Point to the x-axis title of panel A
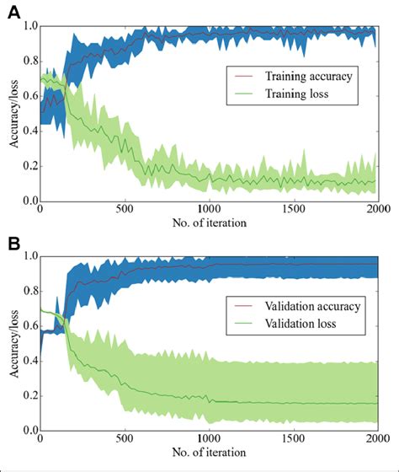[x=208, y=223]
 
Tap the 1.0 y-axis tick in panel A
[x=29, y=26]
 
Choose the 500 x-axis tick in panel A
[x=124, y=211]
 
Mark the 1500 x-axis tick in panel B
[x=292, y=442]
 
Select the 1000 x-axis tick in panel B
[x=208, y=442]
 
